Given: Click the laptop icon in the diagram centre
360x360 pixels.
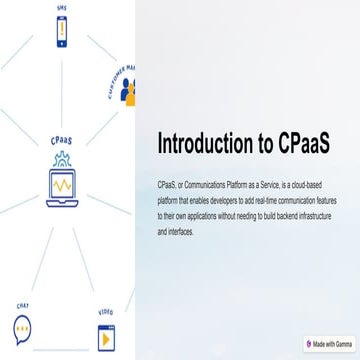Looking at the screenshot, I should [62, 187].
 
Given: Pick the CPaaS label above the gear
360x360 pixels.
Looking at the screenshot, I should [61, 142].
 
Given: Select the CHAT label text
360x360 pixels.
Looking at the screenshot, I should [23, 305].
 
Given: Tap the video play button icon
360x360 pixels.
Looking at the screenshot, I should [105, 338].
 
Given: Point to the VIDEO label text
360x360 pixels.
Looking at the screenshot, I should [105, 312].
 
